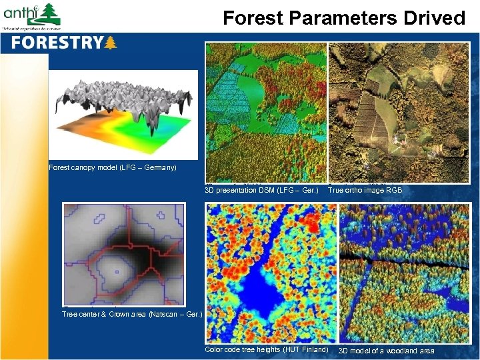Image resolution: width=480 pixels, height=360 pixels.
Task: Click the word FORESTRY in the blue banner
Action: click(57, 43)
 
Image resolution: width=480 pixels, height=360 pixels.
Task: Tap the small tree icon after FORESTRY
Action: click(111, 43)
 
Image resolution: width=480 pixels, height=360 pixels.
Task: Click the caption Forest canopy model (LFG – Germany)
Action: click(113, 167)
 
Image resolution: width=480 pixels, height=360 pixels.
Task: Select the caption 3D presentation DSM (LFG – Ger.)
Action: click(261, 191)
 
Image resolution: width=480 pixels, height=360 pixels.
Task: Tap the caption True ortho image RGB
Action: click(365, 191)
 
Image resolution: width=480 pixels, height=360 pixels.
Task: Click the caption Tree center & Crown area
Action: click(131, 313)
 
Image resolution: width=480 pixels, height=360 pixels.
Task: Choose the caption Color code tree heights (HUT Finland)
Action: click(266, 350)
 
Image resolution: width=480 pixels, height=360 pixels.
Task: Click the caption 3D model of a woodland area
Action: click(386, 351)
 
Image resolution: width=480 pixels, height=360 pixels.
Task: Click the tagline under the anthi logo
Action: click(31, 29)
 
